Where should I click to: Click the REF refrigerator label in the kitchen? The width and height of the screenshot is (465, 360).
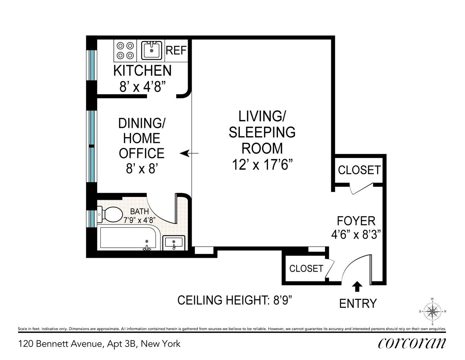point(176,50)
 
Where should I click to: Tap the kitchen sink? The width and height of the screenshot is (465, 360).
point(151,50)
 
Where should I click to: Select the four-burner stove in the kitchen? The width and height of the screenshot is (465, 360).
point(125,51)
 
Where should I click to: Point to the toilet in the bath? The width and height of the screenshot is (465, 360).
point(110,214)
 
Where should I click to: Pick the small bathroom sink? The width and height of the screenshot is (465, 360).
point(174,243)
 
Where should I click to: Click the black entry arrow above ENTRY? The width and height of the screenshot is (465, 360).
point(357,286)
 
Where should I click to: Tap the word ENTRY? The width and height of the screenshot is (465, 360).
point(358,303)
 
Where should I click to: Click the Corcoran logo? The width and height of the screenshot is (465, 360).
point(412,345)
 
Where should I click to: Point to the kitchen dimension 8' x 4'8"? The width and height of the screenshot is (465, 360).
point(142,87)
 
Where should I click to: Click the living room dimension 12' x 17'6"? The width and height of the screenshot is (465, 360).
point(262,165)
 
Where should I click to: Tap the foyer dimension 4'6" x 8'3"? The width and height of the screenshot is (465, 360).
point(356,235)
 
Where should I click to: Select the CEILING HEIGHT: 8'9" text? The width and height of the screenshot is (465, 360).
point(235,300)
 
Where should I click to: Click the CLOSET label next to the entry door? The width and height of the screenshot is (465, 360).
point(306,269)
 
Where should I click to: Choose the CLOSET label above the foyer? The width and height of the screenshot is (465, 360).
point(359,170)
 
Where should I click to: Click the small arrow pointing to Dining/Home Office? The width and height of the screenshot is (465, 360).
point(189,153)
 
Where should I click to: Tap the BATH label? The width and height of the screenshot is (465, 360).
point(139,211)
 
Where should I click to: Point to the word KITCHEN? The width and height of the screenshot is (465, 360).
point(142,71)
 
